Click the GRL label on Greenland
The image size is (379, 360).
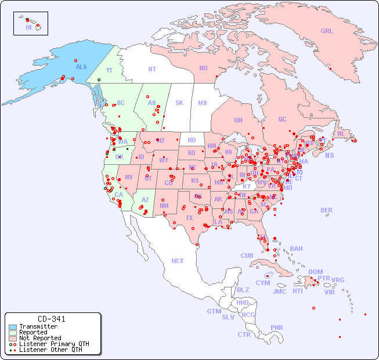pyautogui.click(x=327, y=31)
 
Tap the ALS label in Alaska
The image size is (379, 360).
pyautogui.click(x=81, y=67)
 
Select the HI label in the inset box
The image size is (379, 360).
pyautogui.click(x=28, y=27)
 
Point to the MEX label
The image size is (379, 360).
pyautogui.click(x=178, y=261)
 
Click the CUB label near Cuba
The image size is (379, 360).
pyautogui.click(x=247, y=255)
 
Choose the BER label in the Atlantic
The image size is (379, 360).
pyautogui.click(x=326, y=210)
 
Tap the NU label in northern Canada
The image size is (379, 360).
pyautogui.click(x=203, y=68)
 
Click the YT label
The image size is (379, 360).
pyautogui.click(x=109, y=70)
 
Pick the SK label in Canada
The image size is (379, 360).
pyautogui.click(x=179, y=103)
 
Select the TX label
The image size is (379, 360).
pyautogui.click(x=189, y=218)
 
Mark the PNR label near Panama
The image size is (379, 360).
pyautogui.click(x=277, y=327)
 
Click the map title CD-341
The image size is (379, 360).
pyautogui.click(x=52, y=319)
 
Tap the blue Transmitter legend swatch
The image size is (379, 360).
pyautogui.click(x=13, y=327)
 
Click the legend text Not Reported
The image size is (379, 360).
pyautogui.click(x=40, y=338)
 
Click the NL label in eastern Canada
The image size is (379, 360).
pyautogui.click(x=341, y=133)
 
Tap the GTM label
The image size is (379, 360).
pyautogui.click(x=214, y=311)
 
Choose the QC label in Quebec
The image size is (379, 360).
pyautogui.click(x=282, y=119)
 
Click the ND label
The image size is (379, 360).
pyautogui.click(x=192, y=140)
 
